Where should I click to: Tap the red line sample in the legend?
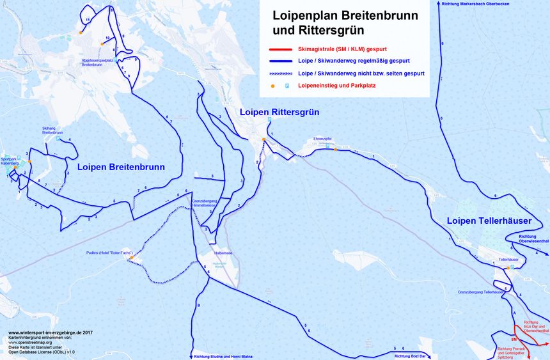(280, 49)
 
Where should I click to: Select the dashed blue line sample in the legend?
(280, 74)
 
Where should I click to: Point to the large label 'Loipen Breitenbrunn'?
(121, 167)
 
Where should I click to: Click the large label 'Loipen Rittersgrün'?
(279, 112)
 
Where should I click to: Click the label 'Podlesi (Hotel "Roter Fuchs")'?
(109, 253)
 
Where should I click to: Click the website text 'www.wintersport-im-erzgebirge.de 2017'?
(51, 333)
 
